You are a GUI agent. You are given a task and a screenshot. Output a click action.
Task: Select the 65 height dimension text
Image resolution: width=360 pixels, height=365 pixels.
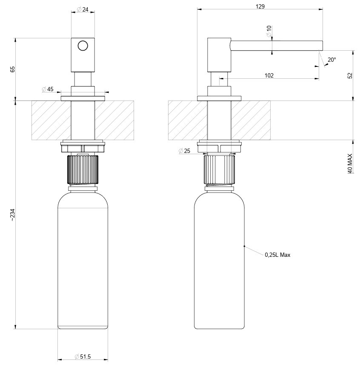coord(13,69)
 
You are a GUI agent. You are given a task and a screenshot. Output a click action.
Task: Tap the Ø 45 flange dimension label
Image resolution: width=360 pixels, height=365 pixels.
coord(48,89)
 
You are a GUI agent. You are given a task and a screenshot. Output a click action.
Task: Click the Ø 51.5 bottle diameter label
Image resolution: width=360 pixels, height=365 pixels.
coord(83,356)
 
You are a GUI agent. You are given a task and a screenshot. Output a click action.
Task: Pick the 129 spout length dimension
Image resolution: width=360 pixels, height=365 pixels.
coord(260,6)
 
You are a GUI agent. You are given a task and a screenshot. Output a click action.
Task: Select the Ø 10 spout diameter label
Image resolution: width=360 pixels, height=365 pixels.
coord(269,31)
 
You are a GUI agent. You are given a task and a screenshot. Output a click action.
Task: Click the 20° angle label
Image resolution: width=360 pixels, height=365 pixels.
coord(331,60)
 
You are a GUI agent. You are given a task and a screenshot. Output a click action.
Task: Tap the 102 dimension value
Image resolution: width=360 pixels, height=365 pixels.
coord(269,75)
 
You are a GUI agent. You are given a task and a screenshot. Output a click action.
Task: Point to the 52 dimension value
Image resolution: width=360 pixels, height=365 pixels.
coord(350,75)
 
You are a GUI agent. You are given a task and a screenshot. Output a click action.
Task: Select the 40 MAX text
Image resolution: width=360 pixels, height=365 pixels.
coord(350,163)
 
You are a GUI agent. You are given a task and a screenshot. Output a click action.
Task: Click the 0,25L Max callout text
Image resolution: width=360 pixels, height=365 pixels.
coord(277,255)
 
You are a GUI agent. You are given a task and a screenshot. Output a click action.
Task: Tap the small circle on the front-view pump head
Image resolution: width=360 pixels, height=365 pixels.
coord(83,46)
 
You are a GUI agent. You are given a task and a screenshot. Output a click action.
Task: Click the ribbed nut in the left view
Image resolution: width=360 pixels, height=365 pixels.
coord(83,170)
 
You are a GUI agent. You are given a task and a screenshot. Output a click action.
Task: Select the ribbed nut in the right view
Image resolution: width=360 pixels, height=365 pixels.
coord(220,170)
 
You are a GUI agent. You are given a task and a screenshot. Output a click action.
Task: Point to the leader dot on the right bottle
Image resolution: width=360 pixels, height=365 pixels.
coord(244,246)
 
